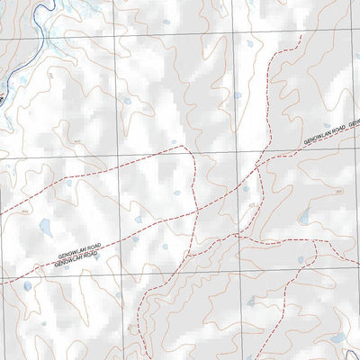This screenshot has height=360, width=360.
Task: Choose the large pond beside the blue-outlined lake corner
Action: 337,339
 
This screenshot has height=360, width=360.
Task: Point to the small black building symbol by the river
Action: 4,90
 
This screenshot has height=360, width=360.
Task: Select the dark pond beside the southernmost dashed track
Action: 301,261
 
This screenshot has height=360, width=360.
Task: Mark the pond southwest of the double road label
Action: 28,287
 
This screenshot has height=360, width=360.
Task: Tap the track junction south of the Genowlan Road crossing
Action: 236,236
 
